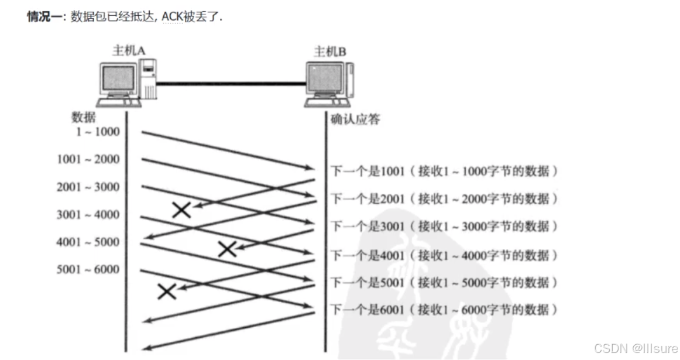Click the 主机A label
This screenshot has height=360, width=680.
click(129, 51)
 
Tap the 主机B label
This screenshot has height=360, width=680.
click(330, 52)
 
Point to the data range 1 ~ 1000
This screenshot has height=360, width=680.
click(97, 132)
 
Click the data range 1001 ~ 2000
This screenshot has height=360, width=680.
click(88, 159)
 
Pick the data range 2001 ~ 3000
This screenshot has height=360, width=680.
click(88, 187)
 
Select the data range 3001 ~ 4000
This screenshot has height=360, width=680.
click(88, 214)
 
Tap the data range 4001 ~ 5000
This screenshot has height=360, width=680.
click(88, 242)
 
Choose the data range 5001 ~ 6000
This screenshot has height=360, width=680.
click(88, 269)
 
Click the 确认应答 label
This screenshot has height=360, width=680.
click(355, 119)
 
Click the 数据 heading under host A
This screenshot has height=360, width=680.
click(84, 116)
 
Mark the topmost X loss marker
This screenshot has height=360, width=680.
click(181, 210)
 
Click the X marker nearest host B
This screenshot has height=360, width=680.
click(227, 249)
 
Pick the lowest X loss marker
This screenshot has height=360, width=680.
click(167, 291)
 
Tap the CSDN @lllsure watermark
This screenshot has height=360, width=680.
click(635, 348)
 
